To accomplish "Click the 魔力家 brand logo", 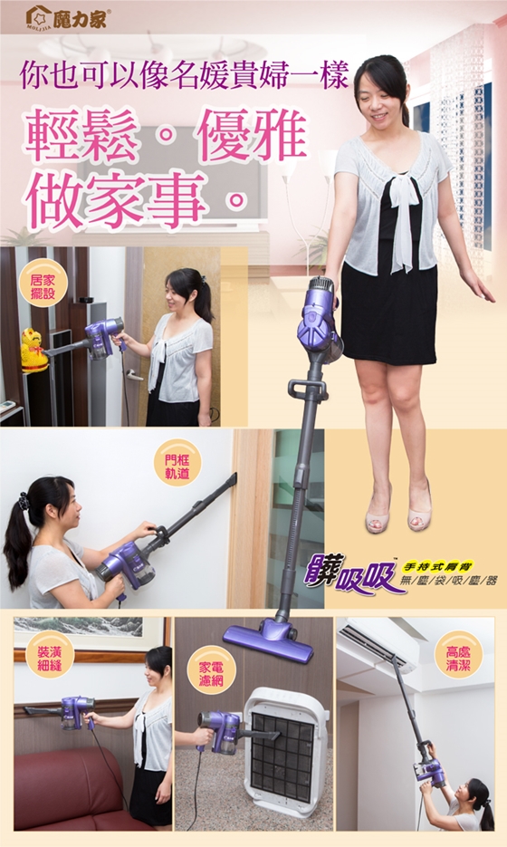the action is click(66, 18).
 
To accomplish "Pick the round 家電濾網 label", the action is click(211, 674).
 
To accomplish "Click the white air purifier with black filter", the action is click(285, 752).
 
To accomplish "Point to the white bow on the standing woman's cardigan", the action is click(404, 221).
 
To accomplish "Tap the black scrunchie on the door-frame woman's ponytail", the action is click(24, 503).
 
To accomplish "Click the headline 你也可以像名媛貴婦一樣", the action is click(184, 74).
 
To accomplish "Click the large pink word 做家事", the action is click(115, 199).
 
